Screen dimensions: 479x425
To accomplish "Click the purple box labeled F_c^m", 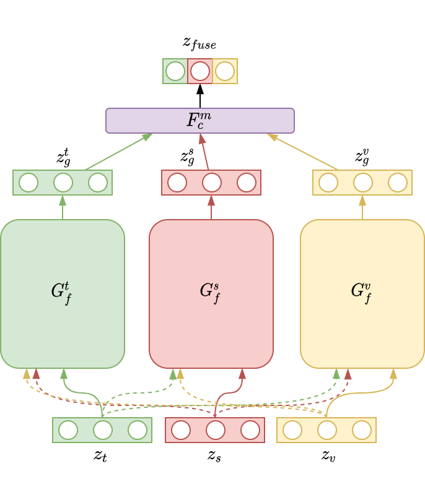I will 199,121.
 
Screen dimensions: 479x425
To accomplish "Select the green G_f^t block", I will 62,293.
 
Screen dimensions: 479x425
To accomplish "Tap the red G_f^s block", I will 211,293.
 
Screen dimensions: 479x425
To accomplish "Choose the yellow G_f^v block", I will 362,293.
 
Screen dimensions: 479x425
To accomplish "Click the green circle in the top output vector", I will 175,71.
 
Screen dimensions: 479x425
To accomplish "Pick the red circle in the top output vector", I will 200,71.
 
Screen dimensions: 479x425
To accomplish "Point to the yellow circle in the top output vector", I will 225,71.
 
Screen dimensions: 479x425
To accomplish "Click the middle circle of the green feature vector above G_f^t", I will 63,183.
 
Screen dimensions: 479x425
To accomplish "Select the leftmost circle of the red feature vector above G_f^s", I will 177,183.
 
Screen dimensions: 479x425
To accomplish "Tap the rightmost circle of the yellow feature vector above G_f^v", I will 398,183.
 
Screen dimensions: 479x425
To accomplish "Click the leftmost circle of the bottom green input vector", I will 68,430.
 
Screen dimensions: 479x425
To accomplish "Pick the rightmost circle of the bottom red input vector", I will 250,430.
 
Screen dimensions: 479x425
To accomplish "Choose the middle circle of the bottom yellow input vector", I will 327,430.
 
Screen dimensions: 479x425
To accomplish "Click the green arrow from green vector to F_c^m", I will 118,152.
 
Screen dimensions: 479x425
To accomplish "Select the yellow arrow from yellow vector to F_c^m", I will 304,152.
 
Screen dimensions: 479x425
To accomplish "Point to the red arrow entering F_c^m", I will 204,152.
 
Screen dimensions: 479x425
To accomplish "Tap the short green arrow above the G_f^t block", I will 63,207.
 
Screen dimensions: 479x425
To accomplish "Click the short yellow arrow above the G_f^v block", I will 362,207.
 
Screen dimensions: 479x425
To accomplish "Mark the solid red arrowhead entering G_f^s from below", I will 242,374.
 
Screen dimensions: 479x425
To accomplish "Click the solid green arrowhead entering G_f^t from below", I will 64,374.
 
